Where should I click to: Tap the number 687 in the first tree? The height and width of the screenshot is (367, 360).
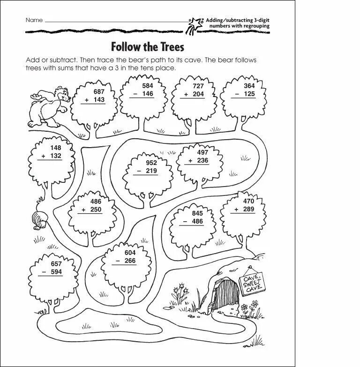click(x=99, y=92)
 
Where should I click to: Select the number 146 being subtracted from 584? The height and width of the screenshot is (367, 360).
click(x=148, y=94)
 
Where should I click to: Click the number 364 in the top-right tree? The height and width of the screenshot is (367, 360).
click(x=249, y=86)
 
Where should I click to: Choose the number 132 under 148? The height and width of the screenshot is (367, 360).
click(x=55, y=156)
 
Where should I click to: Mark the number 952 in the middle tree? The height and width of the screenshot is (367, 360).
click(x=151, y=163)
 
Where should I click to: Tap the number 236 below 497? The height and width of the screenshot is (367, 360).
click(x=202, y=160)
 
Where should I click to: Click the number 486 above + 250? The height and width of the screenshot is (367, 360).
click(x=96, y=202)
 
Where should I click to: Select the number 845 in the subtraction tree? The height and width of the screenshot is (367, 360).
click(x=197, y=213)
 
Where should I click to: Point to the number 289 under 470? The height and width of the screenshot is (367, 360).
click(x=248, y=209)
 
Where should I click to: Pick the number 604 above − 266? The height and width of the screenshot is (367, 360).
click(x=130, y=253)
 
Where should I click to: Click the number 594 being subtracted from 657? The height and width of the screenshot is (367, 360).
click(x=56, y=272)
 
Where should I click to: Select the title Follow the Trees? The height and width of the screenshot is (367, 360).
click(x=147, y=47)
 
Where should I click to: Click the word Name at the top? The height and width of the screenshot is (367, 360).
click(x=34, y=20)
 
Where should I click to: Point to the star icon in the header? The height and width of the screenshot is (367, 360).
click(x=194, y=23)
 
